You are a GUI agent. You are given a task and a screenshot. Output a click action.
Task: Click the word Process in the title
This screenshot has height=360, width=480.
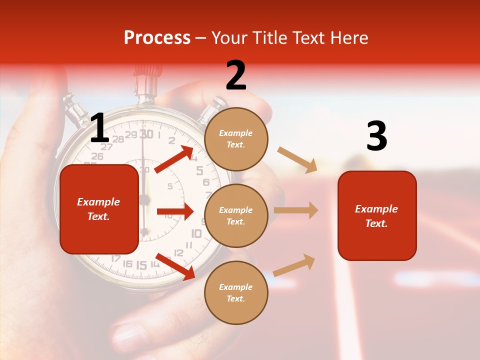157,38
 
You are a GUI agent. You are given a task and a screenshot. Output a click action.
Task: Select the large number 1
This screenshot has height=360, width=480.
99,128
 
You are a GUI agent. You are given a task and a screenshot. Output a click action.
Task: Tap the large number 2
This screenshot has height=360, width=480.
236,75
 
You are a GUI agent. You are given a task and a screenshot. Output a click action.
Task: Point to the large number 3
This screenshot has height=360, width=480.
376,136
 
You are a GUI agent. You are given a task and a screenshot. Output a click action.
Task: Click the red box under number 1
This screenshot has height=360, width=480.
99,209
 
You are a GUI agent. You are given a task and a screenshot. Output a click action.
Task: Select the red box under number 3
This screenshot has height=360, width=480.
377,216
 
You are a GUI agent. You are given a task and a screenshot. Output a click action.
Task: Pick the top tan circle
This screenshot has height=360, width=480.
236,139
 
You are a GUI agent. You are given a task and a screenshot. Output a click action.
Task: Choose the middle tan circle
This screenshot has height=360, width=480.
236,216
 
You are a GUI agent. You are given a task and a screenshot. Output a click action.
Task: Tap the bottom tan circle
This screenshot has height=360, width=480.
236,293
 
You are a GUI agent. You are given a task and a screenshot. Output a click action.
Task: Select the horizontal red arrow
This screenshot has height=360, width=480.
175,212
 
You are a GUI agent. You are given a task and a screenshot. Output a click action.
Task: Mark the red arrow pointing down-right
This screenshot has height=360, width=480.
175,266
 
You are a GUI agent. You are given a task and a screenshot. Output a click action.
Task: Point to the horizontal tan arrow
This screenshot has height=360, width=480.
296,210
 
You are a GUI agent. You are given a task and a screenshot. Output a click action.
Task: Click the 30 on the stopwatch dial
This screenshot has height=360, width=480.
146,134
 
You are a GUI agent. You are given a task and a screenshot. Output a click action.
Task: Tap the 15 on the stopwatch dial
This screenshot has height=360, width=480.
141,265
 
